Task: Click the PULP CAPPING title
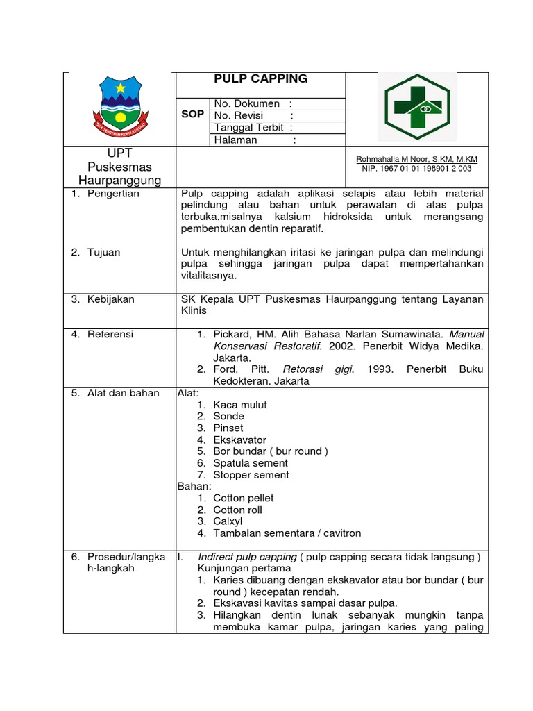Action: coord(260,79)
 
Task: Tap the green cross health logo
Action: coord(416,107)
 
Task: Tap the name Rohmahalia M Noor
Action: coord(416,159)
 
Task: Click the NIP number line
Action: coord(416,168)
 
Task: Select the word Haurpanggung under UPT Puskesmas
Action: coord(120,181)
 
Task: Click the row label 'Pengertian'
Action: coord(113,194)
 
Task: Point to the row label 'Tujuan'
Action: coord(103,252)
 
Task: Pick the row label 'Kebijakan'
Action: coord(110,299)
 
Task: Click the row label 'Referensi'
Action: coord(110,334)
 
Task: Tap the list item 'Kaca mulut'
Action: coord(240,405)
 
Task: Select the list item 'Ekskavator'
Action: coord(239,440)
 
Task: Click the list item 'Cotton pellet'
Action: coord(243,498)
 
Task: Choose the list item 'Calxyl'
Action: coord(228,521)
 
